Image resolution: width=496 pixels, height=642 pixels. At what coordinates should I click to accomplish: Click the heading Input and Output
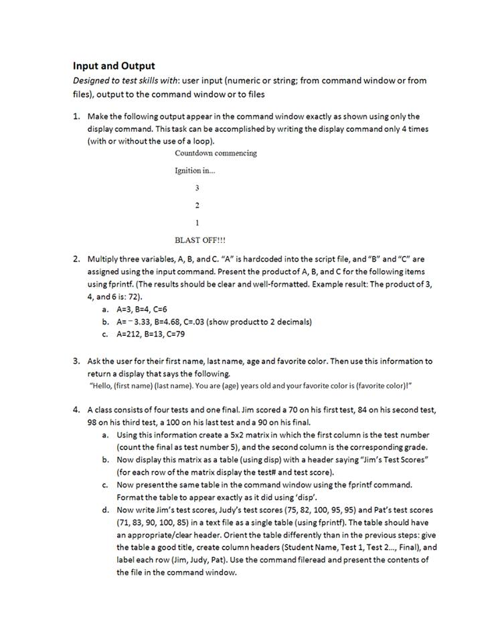pos(114,66)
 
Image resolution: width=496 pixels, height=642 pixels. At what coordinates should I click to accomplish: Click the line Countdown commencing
pos(216,153)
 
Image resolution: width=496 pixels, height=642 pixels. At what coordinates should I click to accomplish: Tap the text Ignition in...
pos(195,171)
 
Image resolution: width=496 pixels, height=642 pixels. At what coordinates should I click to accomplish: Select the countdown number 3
pos(197,188)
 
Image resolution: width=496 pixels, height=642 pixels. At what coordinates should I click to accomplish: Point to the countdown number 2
pos(197,205)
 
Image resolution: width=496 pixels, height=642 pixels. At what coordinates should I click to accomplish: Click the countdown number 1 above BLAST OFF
pos(197,222)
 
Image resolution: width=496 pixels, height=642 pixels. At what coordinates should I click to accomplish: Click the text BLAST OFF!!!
pos(200,239)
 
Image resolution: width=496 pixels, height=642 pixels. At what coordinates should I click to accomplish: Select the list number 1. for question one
pos(77,116)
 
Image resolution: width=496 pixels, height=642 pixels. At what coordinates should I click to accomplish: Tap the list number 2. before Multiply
pos(77,258)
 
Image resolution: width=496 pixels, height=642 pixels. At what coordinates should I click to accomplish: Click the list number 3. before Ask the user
pos(77,361)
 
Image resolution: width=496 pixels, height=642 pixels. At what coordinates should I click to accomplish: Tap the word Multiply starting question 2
pos(103,258)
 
